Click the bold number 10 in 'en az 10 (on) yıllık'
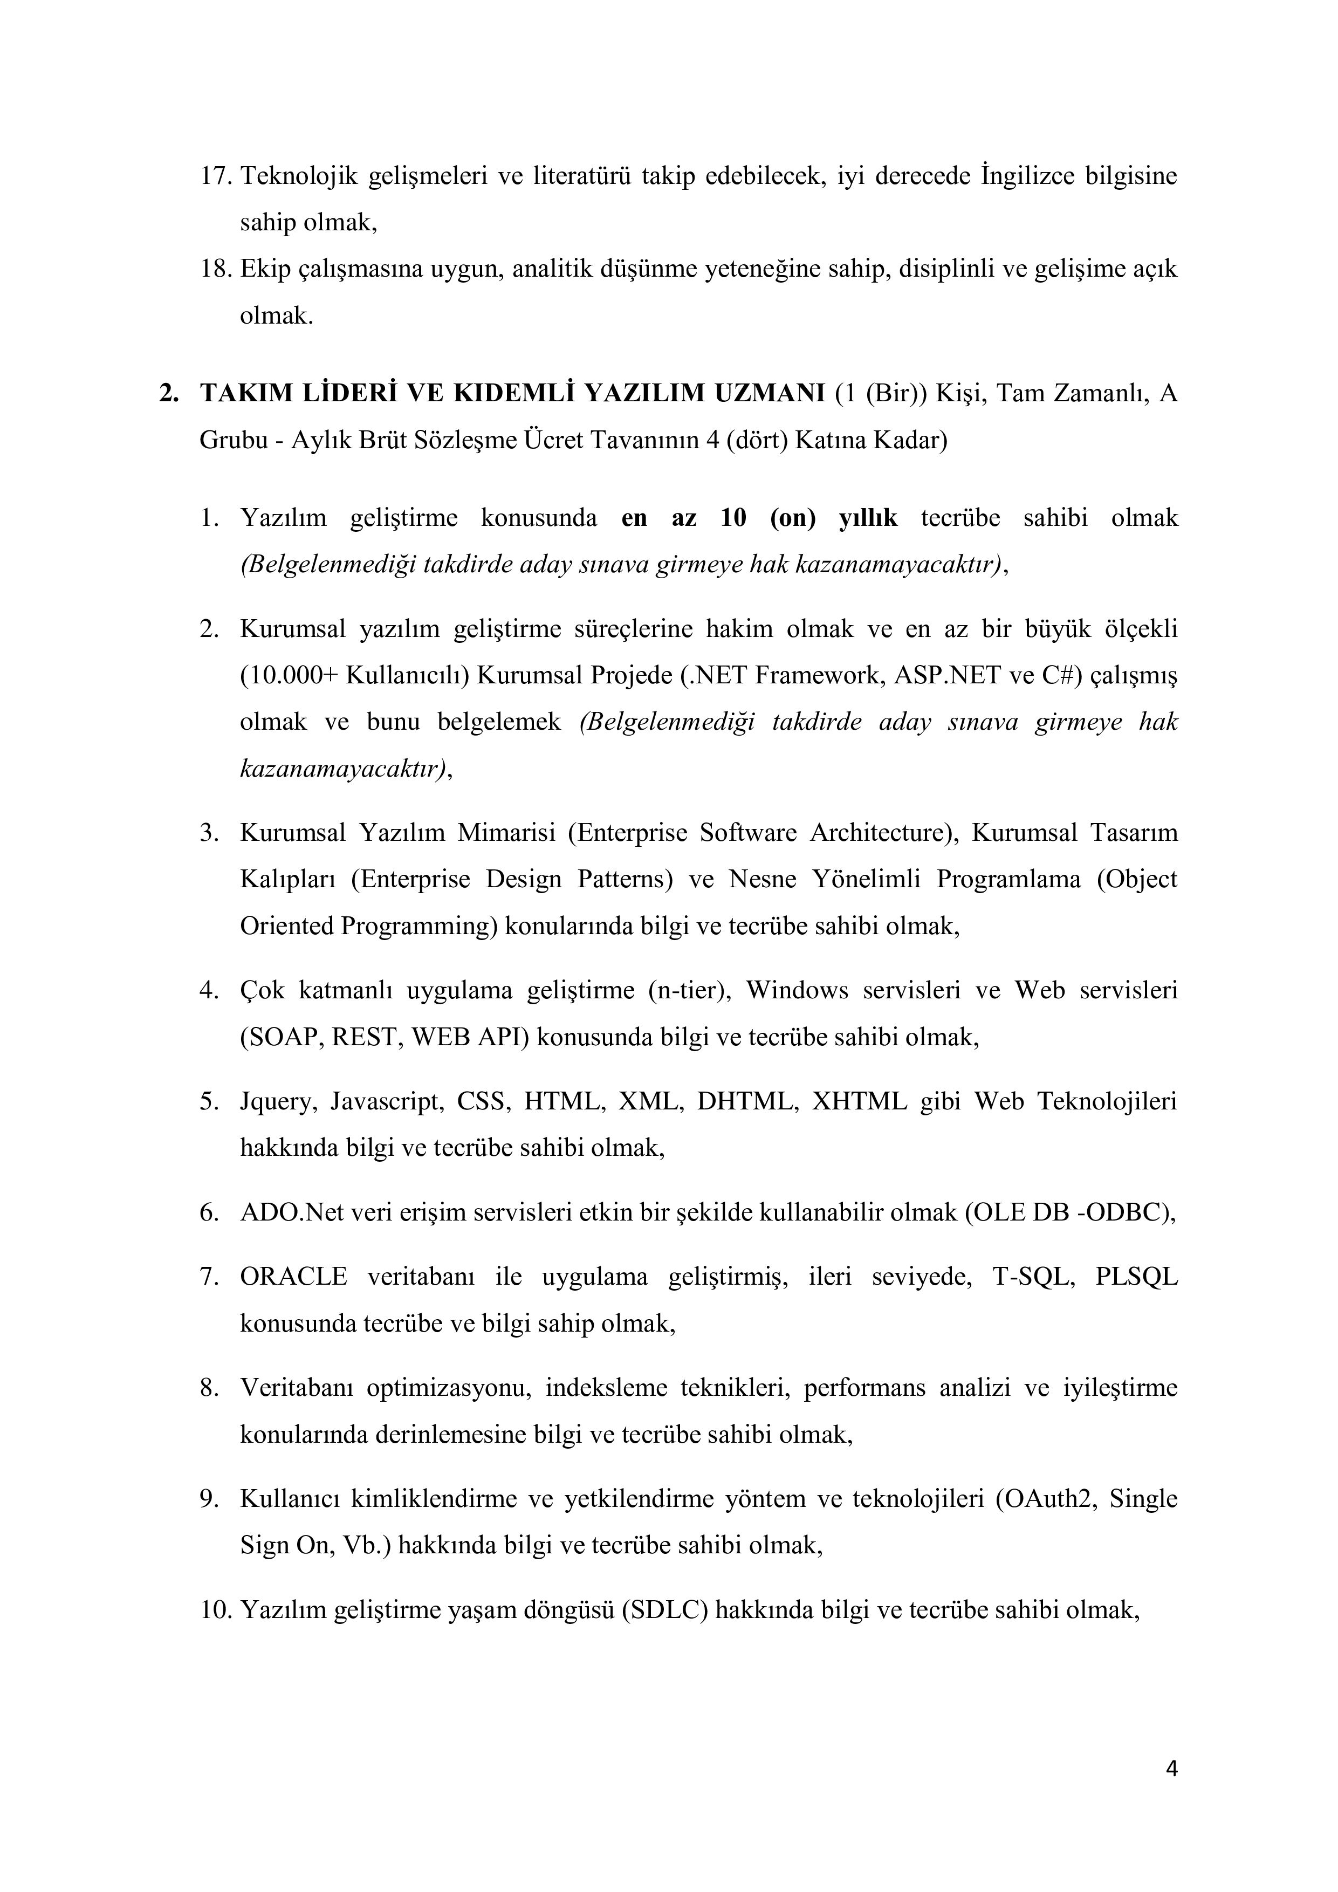pyautogui.click(x=733, y=518)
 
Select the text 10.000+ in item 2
pyautogui.click(x=289, y=676)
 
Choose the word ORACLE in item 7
pyautogui.click(x=293, y=1277)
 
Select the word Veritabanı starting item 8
pyautogui.click(x=297, y=1388)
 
